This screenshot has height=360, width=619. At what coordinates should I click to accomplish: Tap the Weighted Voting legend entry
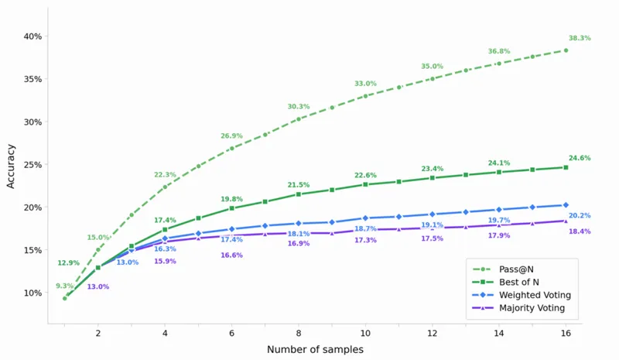(x=522, y=295)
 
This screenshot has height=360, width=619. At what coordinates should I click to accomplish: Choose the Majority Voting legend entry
(x=518, y=308)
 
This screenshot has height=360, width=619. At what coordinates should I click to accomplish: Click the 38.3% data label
(x=580, y=38)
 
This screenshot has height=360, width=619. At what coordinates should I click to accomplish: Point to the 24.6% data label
(x=580, y=158)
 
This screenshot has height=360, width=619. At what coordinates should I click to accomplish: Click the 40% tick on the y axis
(x=32, y=36)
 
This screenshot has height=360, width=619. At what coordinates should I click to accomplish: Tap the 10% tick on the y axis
(x=32, y=293)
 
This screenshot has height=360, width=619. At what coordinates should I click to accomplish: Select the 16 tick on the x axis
(x=566, y=333)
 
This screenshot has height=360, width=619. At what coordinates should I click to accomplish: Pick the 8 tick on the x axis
(x=299, y=333)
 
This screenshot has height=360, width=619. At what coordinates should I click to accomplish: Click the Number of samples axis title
(x=315, y=349)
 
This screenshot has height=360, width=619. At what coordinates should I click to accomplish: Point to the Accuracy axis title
(x=11, y=166)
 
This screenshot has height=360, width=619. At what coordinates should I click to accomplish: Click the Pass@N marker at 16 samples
(x=566, y=50)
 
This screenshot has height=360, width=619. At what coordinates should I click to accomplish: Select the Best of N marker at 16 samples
(x=566, y=167)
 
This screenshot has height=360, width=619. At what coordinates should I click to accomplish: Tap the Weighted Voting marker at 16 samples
(x=566, y=205)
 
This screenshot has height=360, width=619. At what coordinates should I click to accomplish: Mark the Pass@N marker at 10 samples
(x=365, y=96)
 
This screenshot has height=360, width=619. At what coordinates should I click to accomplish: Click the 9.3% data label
(x=64, y=286)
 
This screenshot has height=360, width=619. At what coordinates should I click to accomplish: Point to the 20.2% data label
(x=580, y=215)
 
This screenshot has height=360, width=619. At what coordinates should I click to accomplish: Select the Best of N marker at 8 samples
(x=299, y=194)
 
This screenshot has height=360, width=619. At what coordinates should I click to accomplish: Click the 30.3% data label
(x=299, y=106)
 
